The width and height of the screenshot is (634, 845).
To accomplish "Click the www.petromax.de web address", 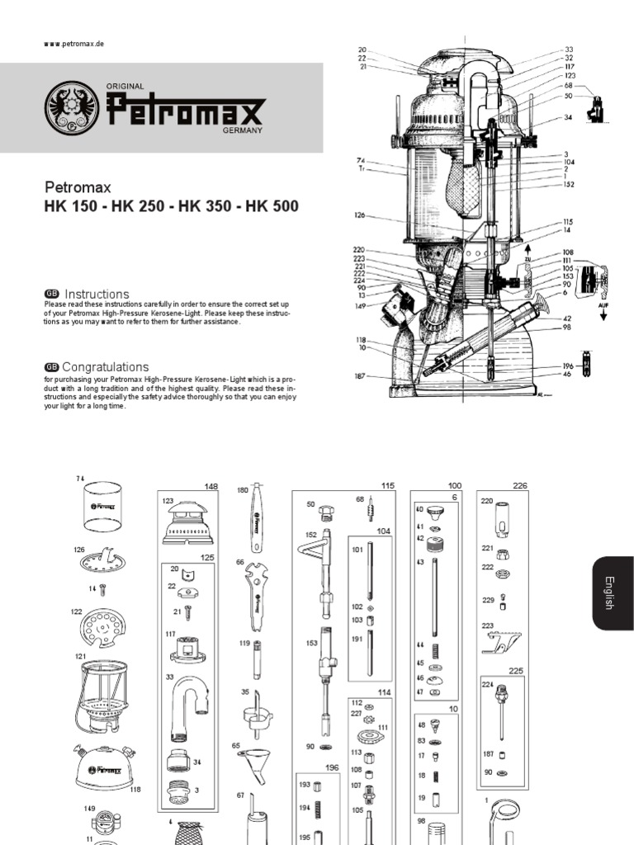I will pyautogui.click(x=74, y=44).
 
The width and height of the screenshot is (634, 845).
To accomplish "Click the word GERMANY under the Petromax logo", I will pyautogui.click(x=242, y=131).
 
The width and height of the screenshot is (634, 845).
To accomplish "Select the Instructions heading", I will pyautogui.click(x=97, y=295).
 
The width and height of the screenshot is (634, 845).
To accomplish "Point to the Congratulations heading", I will pyautogui.click(x=106, y=367).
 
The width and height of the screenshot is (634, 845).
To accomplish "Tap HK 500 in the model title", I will pyautogui.click(x=272, y=206).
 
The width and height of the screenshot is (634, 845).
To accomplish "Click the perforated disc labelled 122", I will pyautogui.click(x=103, y=628).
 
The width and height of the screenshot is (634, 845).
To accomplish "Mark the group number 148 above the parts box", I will pyautogui.click(x=211, y=487).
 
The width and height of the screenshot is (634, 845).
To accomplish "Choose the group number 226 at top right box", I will pyautogui.click(x=519, y=486).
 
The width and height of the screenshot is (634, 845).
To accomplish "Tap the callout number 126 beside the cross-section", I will pyautogui.click(x=359, y=215).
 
